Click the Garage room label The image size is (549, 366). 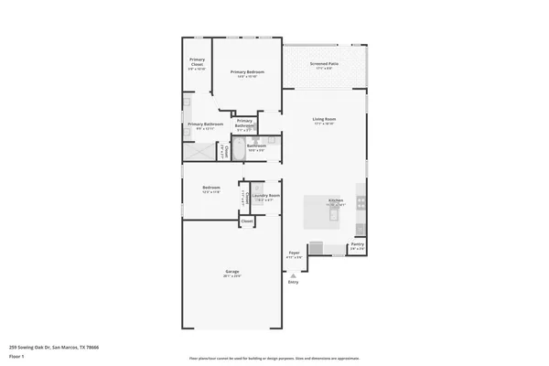click(x=232, y=272)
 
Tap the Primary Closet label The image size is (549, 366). click(x=197, y=64)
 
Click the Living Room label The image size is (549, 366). click(x=325, y=120)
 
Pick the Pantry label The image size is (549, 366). click(x=358, y=244)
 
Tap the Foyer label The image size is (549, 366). click(x=294, y=253)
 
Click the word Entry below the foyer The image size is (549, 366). click(x=294, y=283)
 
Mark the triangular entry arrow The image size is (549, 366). click(x=294, y=275)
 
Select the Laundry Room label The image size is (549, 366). click(x=266, y=196)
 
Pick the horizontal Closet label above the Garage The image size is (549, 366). click(x=247, y=221)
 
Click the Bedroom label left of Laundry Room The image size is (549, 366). click(x=211, y=188)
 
